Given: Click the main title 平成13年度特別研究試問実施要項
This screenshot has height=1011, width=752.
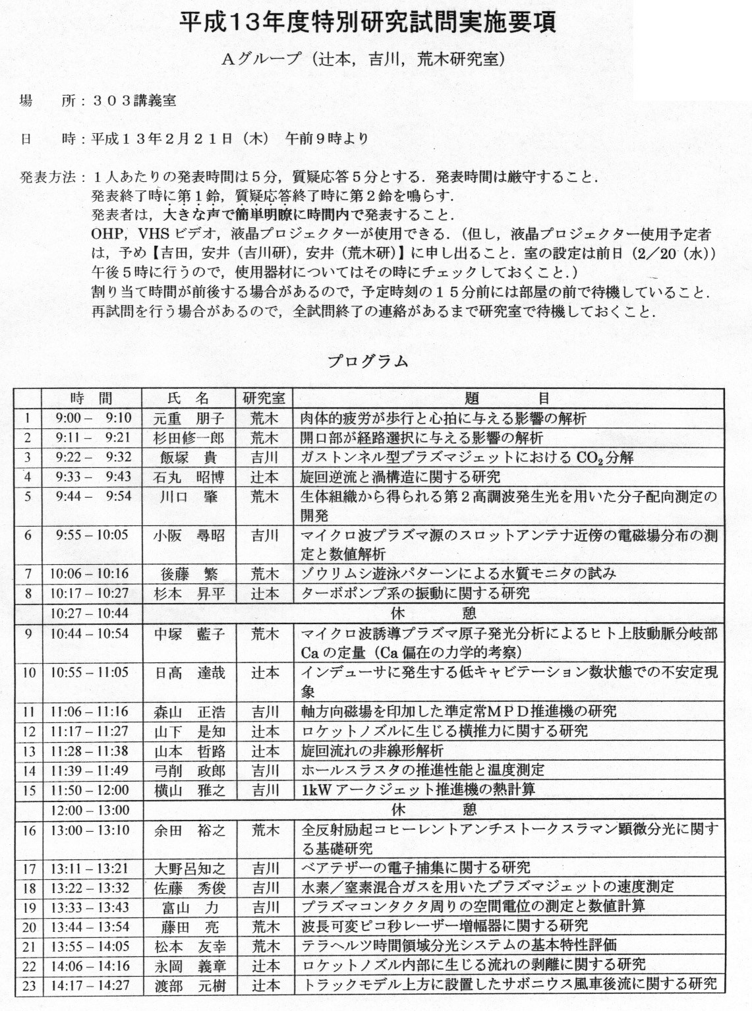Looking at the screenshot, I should coord(368,22).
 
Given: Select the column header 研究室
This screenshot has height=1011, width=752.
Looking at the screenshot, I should coord(264,398).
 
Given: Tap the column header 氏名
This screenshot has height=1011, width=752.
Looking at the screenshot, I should coord(188,398).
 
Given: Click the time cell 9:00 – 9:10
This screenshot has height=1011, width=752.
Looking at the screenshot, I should coord(93,418).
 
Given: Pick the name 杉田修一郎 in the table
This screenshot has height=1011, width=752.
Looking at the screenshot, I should coord(188,438).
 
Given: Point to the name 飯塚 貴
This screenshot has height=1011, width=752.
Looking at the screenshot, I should coord(188,458).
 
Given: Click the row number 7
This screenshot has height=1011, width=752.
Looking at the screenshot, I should coord(28,574).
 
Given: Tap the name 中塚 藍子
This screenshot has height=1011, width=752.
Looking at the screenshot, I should coord(189,634).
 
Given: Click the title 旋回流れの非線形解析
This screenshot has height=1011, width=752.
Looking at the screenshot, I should coord(372,751).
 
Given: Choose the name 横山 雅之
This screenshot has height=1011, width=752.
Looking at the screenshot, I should coord(189,790).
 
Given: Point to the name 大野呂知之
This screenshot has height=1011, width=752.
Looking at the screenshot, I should coord(189,869).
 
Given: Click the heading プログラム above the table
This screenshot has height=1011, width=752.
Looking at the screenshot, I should coord(368,361).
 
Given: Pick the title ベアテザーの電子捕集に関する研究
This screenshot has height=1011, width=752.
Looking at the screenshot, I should coord(416,869).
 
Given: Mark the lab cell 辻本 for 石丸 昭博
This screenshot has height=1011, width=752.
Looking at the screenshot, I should coord(264,477).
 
